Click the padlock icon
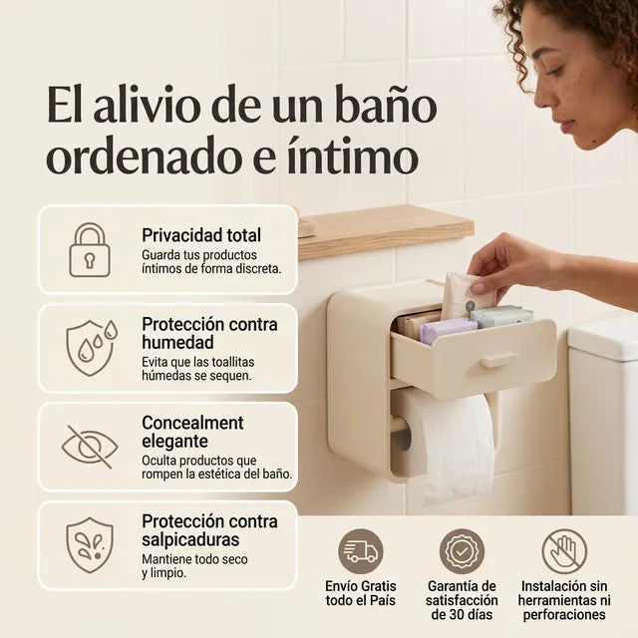click(x=90, y=250)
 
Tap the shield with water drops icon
click(x=91, y=348)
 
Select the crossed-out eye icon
click(x=90, y=447)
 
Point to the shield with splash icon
click(x=90, y=545)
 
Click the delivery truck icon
click(x=361, y=551)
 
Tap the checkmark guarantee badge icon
click(x=462, y=551)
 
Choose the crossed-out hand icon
click(x=564, y=551)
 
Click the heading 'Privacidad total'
click(x=201, y=235)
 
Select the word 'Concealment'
click(x=192, y=423)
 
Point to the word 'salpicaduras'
click(x=190, y=540)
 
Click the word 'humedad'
click(x=177, y=342)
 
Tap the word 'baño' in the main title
click(x=386, y=105)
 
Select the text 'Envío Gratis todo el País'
click(x=361, y=593)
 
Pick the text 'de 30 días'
click(x=462, y=614)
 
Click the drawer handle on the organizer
click(x=498, y=360)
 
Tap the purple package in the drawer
click(x=448, y=330)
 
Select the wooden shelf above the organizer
click(x=386, y=231)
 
